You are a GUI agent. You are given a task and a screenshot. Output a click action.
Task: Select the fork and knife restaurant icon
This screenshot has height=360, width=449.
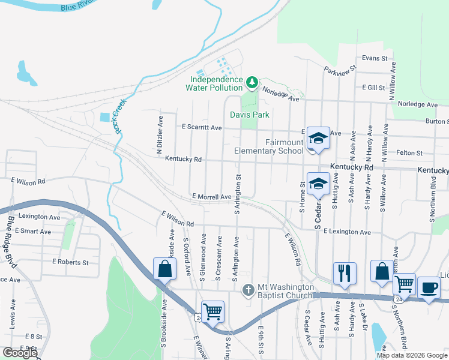(345, 273)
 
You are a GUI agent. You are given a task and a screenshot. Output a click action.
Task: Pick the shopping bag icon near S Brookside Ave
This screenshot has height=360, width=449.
(164, 269)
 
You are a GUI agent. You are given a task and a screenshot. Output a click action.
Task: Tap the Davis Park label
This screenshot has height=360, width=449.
(250, 115)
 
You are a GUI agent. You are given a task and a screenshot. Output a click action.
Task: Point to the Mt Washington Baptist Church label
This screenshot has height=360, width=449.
(285, 291)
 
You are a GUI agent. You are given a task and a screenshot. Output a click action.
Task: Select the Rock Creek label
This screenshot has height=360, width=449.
(118, 115)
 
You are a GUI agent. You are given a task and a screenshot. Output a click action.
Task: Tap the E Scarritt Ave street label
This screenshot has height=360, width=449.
(202, 128)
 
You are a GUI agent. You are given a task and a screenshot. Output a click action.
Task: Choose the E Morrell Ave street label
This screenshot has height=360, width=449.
(212, 197)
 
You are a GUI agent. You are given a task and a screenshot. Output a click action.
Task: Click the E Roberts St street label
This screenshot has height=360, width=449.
(70, 262)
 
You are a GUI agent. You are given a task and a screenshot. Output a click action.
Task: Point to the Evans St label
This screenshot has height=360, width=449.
(375, 58)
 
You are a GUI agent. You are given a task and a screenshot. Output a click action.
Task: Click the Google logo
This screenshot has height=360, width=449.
(20, 353)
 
